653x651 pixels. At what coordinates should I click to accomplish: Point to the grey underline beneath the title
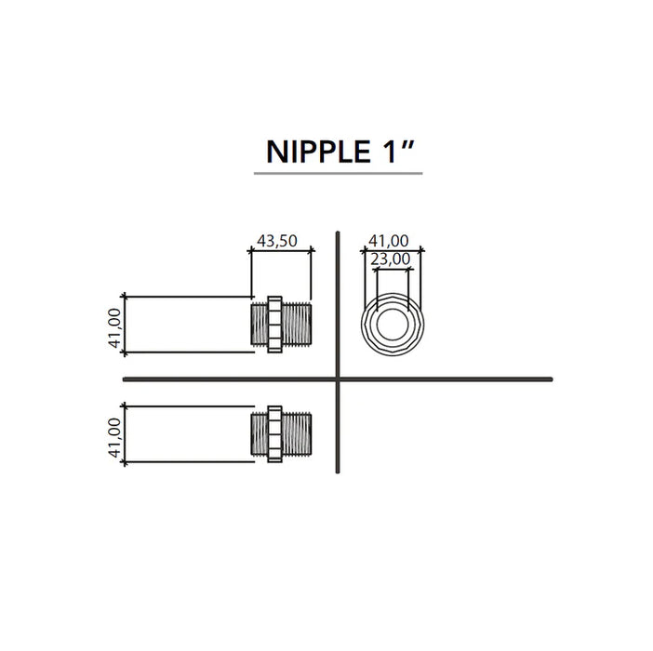point(338,174)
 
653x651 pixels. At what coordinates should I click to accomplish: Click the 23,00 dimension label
point(390,259)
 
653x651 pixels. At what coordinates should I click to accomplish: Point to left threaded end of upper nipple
point(260,325)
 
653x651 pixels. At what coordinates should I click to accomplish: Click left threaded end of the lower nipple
point(260,434)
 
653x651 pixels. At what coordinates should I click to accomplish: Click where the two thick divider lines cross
point(337,379)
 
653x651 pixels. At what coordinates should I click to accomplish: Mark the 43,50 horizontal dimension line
point(284,250)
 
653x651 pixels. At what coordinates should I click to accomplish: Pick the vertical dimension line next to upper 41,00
point(125,325)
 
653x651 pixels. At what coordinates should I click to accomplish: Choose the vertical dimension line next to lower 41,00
point(125,434)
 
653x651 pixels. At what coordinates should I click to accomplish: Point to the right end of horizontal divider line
point(550,379)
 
